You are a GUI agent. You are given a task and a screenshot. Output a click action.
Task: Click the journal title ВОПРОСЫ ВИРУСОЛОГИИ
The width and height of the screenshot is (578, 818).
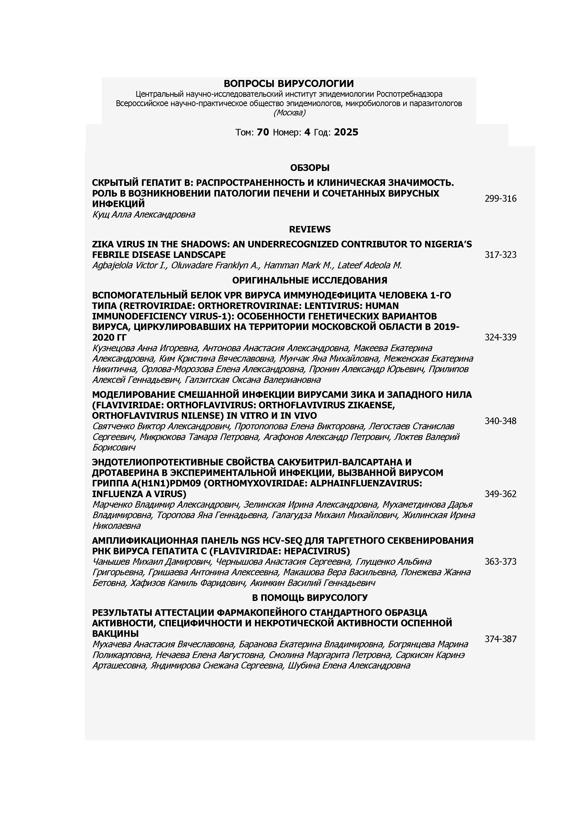[289, 84]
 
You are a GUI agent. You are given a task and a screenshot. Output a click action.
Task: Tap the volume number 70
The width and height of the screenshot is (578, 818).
[263, 132]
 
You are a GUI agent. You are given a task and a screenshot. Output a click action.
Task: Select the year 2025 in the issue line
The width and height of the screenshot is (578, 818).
[346, 132]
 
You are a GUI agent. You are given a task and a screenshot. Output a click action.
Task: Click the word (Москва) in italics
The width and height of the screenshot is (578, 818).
[289, 113]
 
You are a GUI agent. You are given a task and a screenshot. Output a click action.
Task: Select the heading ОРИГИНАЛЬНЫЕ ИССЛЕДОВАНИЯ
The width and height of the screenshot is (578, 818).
[310, 280]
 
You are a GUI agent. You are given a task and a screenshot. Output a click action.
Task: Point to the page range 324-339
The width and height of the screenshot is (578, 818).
[500, 337]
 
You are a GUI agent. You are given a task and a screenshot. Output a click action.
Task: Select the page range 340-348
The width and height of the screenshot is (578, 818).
[500, 421]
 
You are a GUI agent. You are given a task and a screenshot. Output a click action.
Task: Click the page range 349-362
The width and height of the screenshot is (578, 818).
[500, 494]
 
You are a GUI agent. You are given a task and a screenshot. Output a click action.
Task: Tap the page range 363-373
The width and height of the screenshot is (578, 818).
[500, 562]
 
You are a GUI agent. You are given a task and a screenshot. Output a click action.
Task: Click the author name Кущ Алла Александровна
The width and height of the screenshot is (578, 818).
[144, 215]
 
